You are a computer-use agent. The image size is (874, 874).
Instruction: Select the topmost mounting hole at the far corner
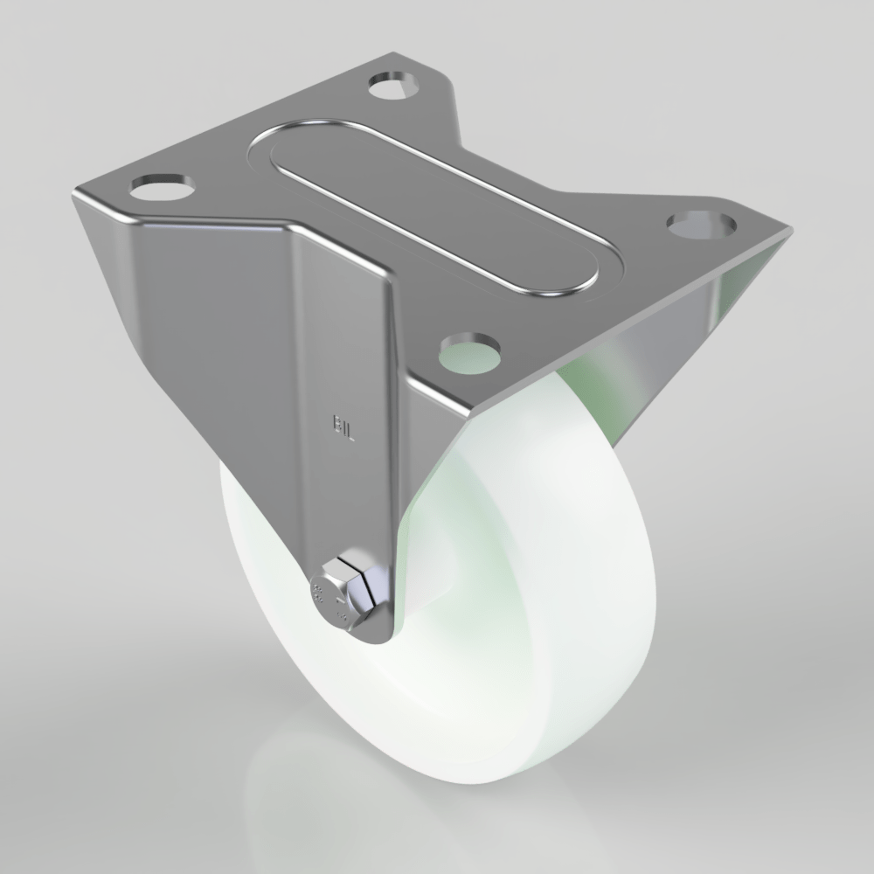pos(396,85)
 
